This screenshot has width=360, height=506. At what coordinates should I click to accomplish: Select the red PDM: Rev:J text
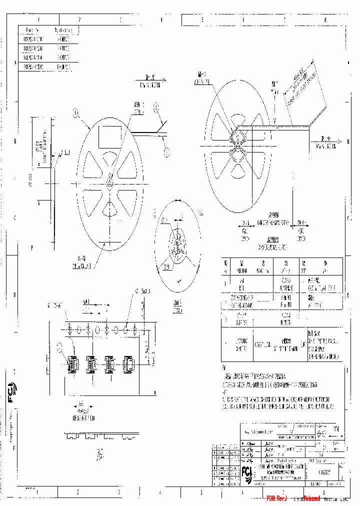tap(277, 498)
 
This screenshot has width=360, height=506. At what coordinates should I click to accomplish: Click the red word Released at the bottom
tap(311, 498)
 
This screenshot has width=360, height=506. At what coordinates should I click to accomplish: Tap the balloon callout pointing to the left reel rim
tap(76, 113)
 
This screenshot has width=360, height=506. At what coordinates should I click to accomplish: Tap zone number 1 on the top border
tap(38, 19)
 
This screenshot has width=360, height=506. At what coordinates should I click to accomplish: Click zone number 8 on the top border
tap(325, 19)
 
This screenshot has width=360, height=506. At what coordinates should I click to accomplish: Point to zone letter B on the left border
tap(15, 141)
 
